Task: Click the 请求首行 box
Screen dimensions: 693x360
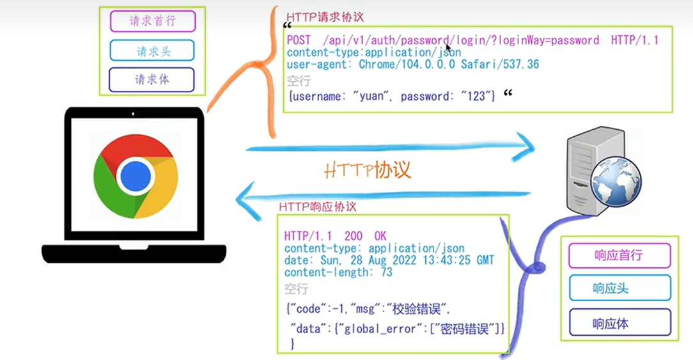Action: point(152,21)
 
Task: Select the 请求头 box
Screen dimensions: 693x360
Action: point(152,51)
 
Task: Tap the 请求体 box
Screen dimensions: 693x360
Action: point(152,80)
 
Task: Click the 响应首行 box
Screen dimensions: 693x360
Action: point(619,256)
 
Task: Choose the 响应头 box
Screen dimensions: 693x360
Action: point(619,288)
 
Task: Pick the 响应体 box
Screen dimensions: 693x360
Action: point(619,323)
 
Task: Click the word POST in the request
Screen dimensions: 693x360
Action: point(299,40)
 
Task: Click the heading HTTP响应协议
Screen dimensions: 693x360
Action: point(317,208)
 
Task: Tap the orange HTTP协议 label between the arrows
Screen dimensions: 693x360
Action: point(367,170)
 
